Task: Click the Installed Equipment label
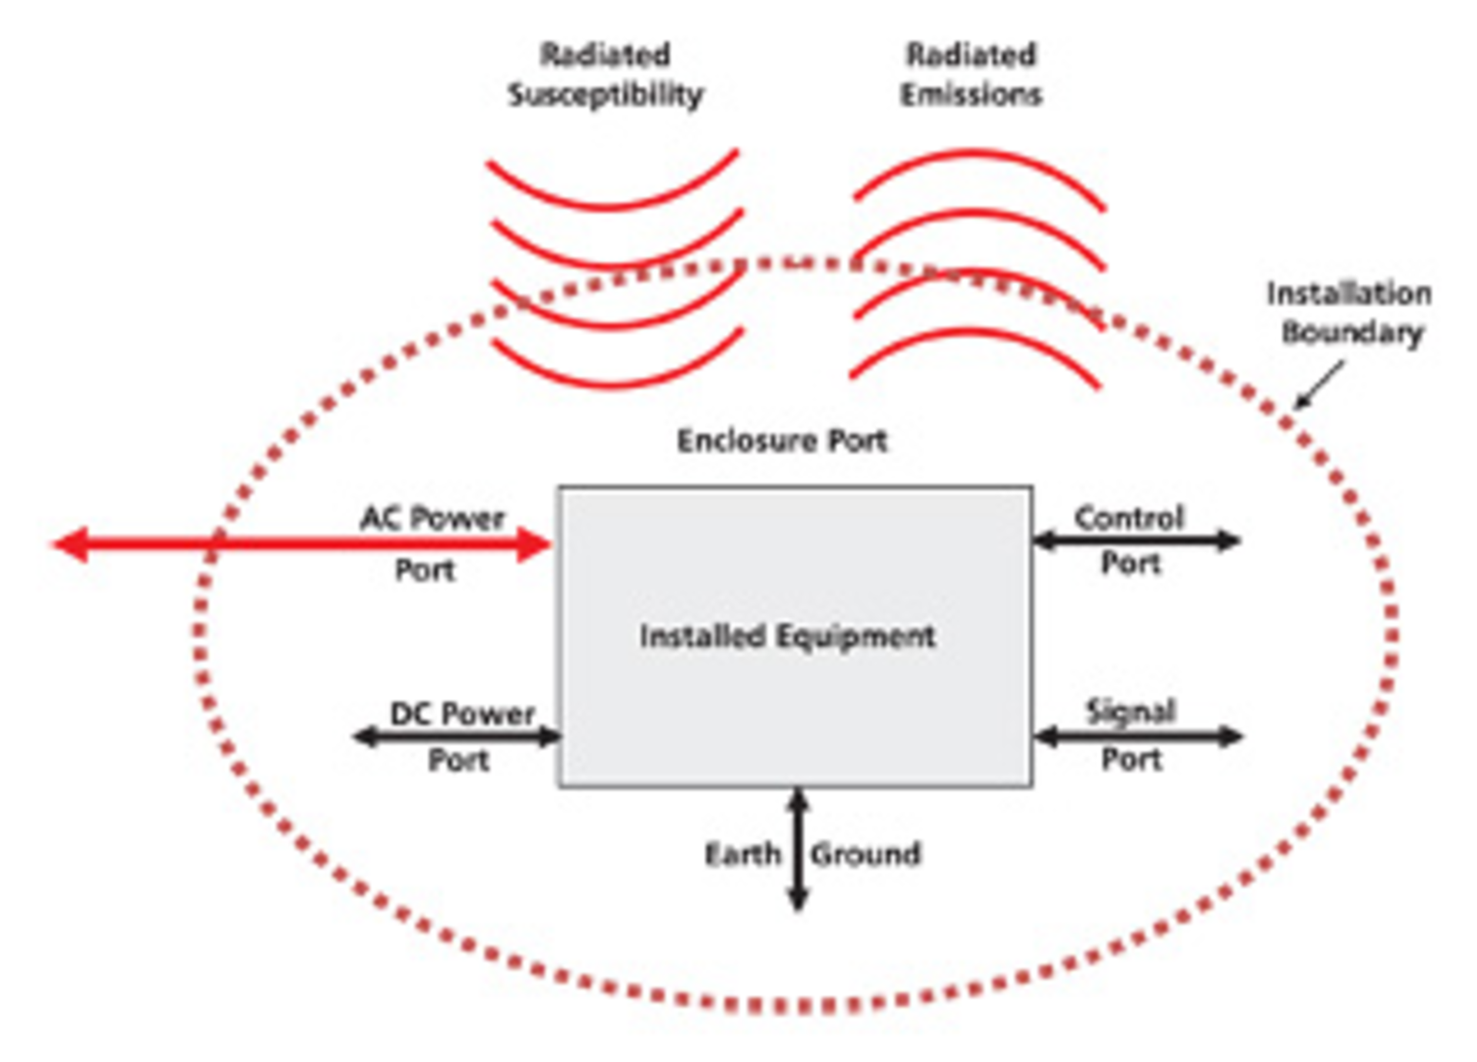tap(787, 636)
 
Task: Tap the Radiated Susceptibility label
tap(605, 75)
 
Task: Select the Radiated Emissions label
tap(971, 75)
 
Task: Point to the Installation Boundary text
tap(1349, 313)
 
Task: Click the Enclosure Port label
tap(782, 441)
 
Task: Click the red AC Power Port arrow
tap(308, 544)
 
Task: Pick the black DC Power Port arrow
tap(457, 736)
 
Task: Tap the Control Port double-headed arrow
tap(1136, 540)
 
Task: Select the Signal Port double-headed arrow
tap(1138, 736)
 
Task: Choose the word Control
tap(1129, 518)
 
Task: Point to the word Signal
tap(1130, 711)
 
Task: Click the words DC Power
tap(462, 714)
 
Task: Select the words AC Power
tap(432, 518)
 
